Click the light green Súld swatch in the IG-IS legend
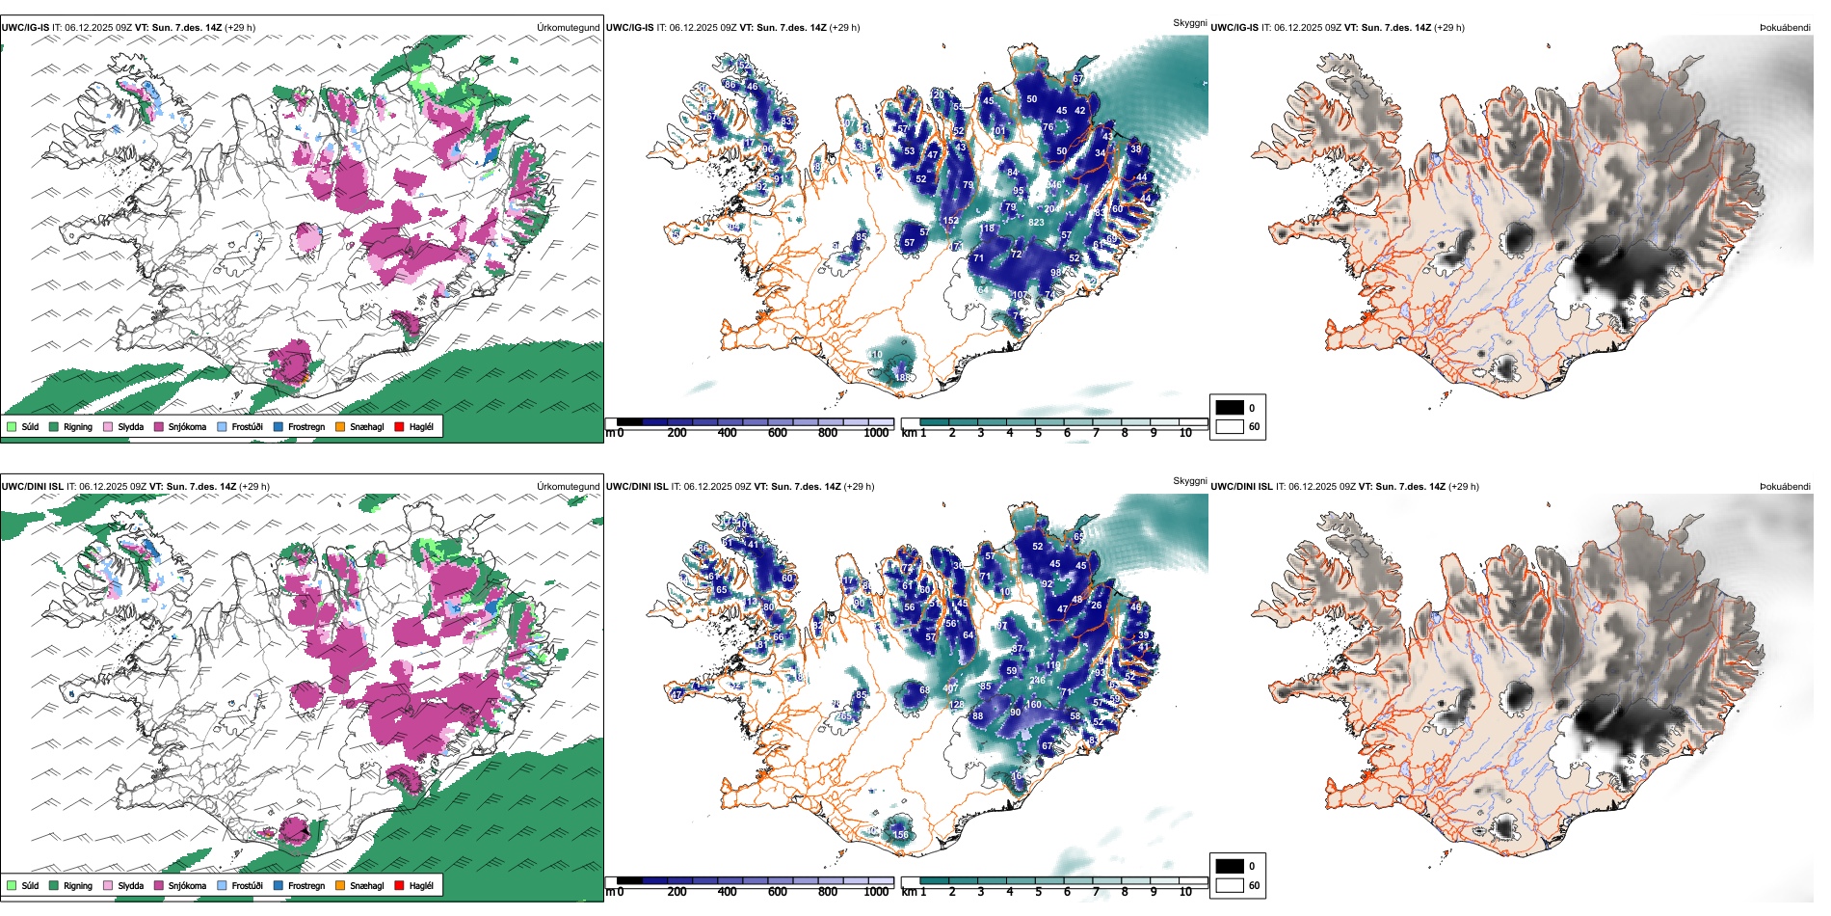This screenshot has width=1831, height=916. click(x=12, y=426)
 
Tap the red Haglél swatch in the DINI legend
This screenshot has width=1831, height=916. click(x=399, y=885)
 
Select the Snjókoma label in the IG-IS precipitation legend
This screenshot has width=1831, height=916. click(x=187, y=426)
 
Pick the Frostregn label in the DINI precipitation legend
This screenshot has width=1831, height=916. click(x=305, y=885)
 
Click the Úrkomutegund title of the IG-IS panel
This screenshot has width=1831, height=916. click(x=568, y=27)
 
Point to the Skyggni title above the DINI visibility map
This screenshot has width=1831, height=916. click(x=1189, y=481)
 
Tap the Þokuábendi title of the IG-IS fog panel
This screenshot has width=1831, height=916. click(x=1785, y=27)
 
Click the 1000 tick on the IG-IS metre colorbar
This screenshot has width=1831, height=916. click(x=876, y=433)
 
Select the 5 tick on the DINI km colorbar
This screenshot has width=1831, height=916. click(x=1038, y=892)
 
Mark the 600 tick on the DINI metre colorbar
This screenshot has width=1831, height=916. click(x=777, y=892)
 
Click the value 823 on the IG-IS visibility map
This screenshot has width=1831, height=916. click(x=1036, y=222)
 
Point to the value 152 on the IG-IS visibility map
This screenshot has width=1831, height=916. click(x=950, y=221)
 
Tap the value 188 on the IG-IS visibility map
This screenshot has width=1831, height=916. click(x=902, y=377)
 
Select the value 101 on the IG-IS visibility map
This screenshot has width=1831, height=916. click(x=998, y=130)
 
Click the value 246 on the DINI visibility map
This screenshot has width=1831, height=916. click(x=1037, y=681)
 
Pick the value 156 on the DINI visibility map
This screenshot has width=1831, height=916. click(x=900, y=834)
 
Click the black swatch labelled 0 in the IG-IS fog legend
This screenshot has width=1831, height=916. click(x=1230, y=407)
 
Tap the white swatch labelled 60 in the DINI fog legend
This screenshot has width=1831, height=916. click(x=1230, y=885)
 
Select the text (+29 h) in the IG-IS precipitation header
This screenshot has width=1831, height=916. click(x=240, y=27)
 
